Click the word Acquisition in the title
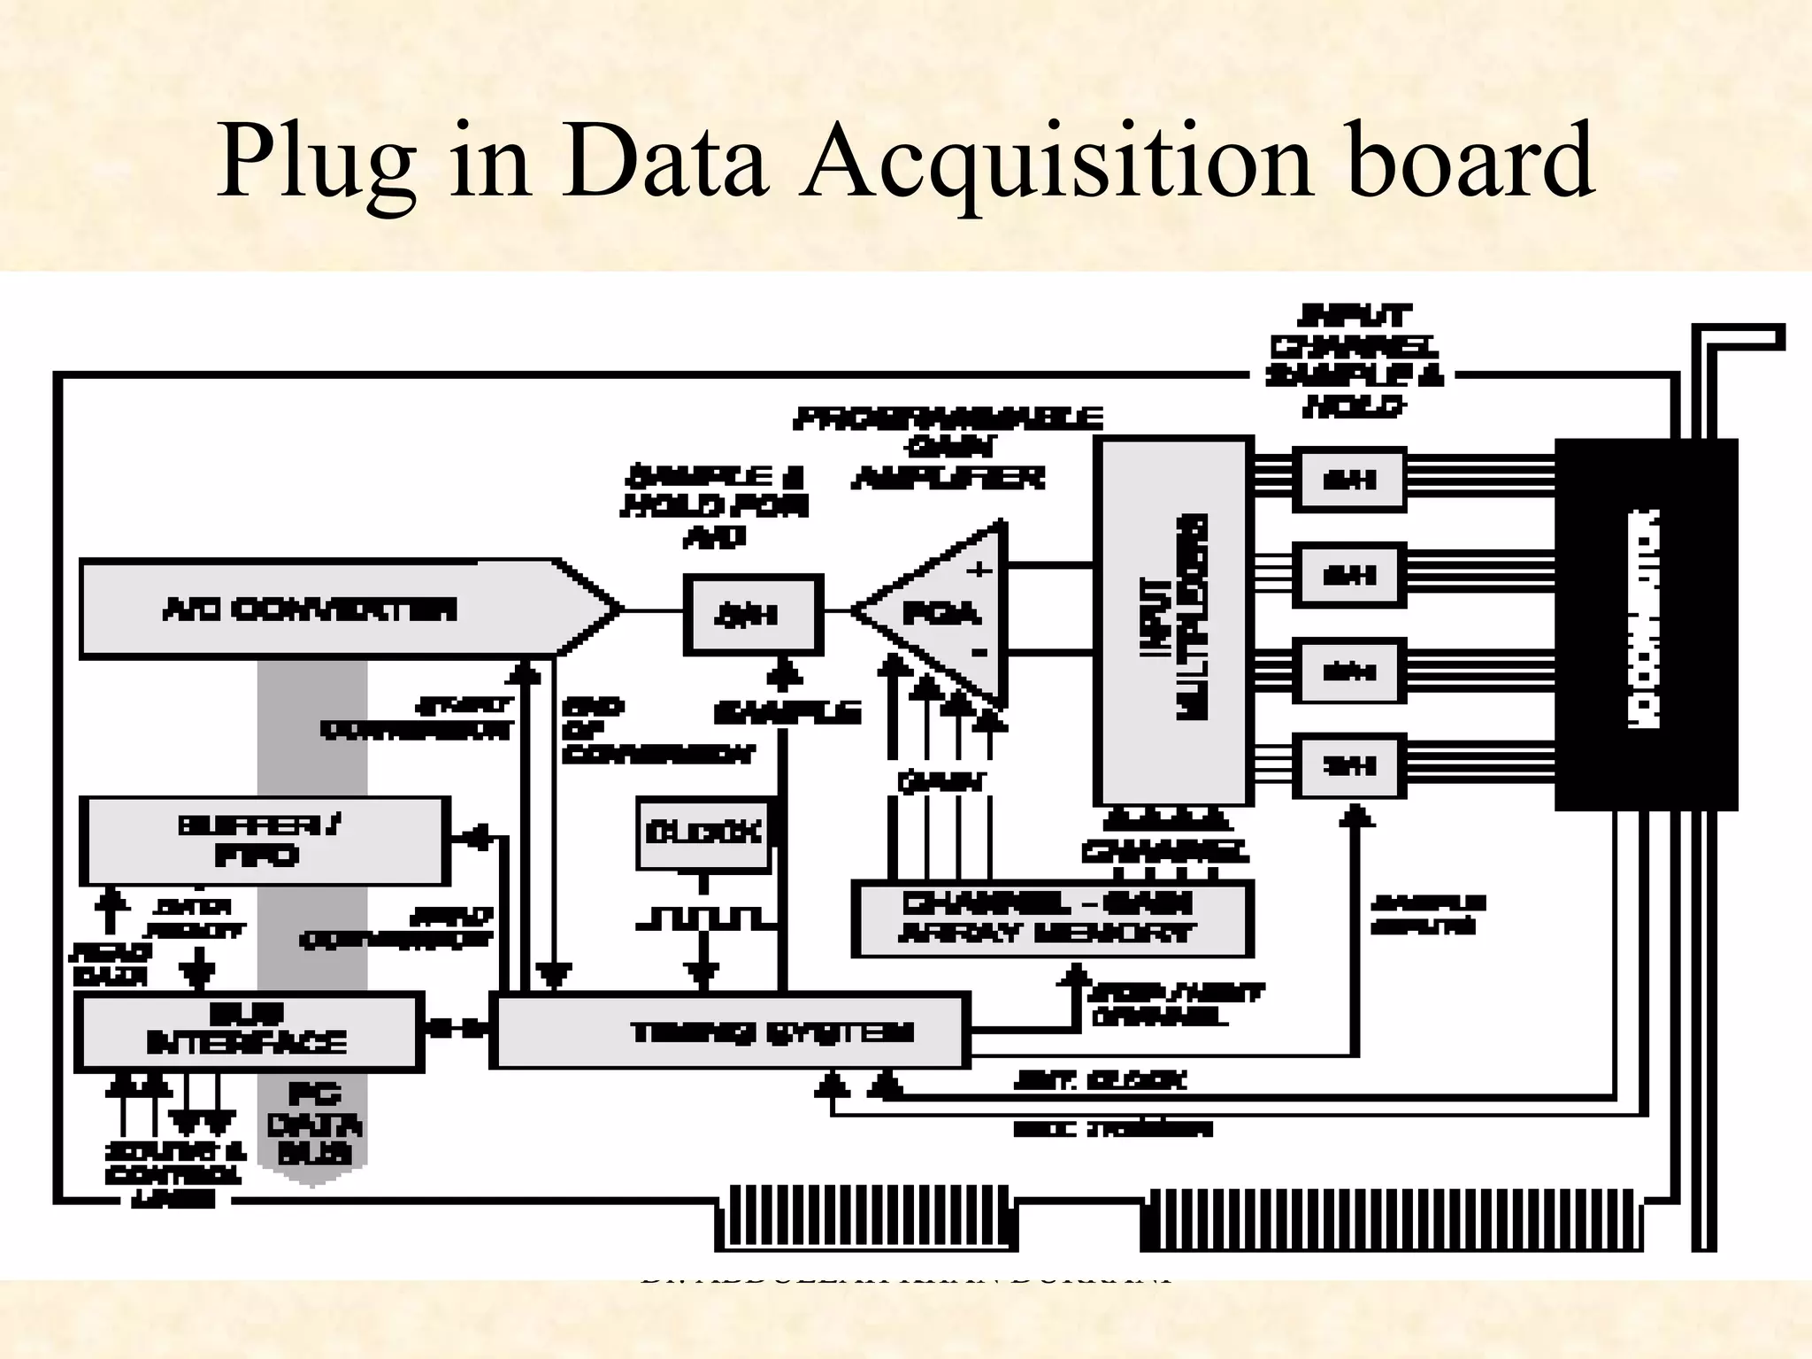tap(1055, 161)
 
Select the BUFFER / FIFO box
tap(264, 841)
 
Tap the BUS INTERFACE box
tap(248, 1032)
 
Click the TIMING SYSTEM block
tap(729, 1032)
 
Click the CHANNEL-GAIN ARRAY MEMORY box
tap(1051, 918)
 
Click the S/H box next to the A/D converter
tap(753, 614)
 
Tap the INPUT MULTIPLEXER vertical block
tap(1172, 619)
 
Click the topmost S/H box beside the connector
tap(1348, 480)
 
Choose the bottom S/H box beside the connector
tap(1348, 765)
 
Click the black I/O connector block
tap(1646, 623)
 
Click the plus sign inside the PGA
tap(979, 569)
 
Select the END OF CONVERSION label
tap(655, 731)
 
